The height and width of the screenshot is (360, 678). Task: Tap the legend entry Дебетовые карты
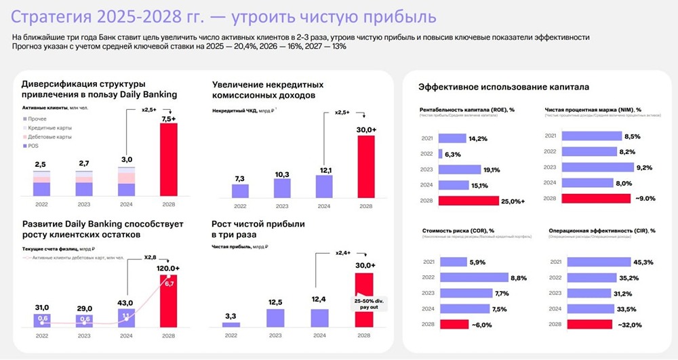click(49, 137)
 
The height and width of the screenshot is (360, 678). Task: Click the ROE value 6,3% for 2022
click(454, 154)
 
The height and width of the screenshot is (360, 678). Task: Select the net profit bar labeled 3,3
click(231, 325)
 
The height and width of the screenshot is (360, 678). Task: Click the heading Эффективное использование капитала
click(504, 87)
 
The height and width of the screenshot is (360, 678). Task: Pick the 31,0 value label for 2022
click(42, 308)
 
